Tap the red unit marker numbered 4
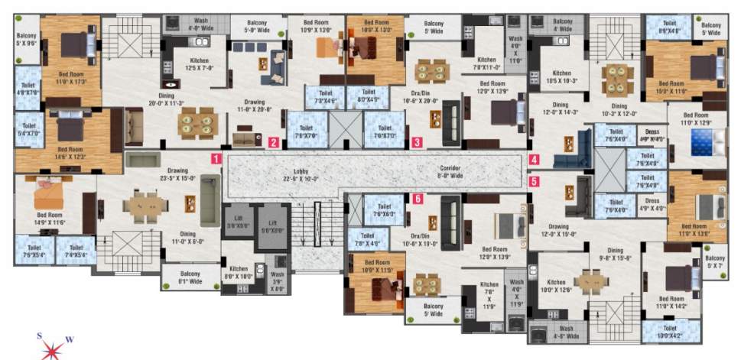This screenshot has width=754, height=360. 534,161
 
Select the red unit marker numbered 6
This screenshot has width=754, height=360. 418,199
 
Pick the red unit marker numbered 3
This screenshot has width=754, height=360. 417,141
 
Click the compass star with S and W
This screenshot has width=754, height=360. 52,348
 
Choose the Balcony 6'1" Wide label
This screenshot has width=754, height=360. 190,277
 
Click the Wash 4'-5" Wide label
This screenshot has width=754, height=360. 566,334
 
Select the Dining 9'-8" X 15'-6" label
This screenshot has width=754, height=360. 620,255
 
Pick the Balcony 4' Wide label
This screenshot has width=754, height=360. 562,26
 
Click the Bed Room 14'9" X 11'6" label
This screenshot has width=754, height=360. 50,219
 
